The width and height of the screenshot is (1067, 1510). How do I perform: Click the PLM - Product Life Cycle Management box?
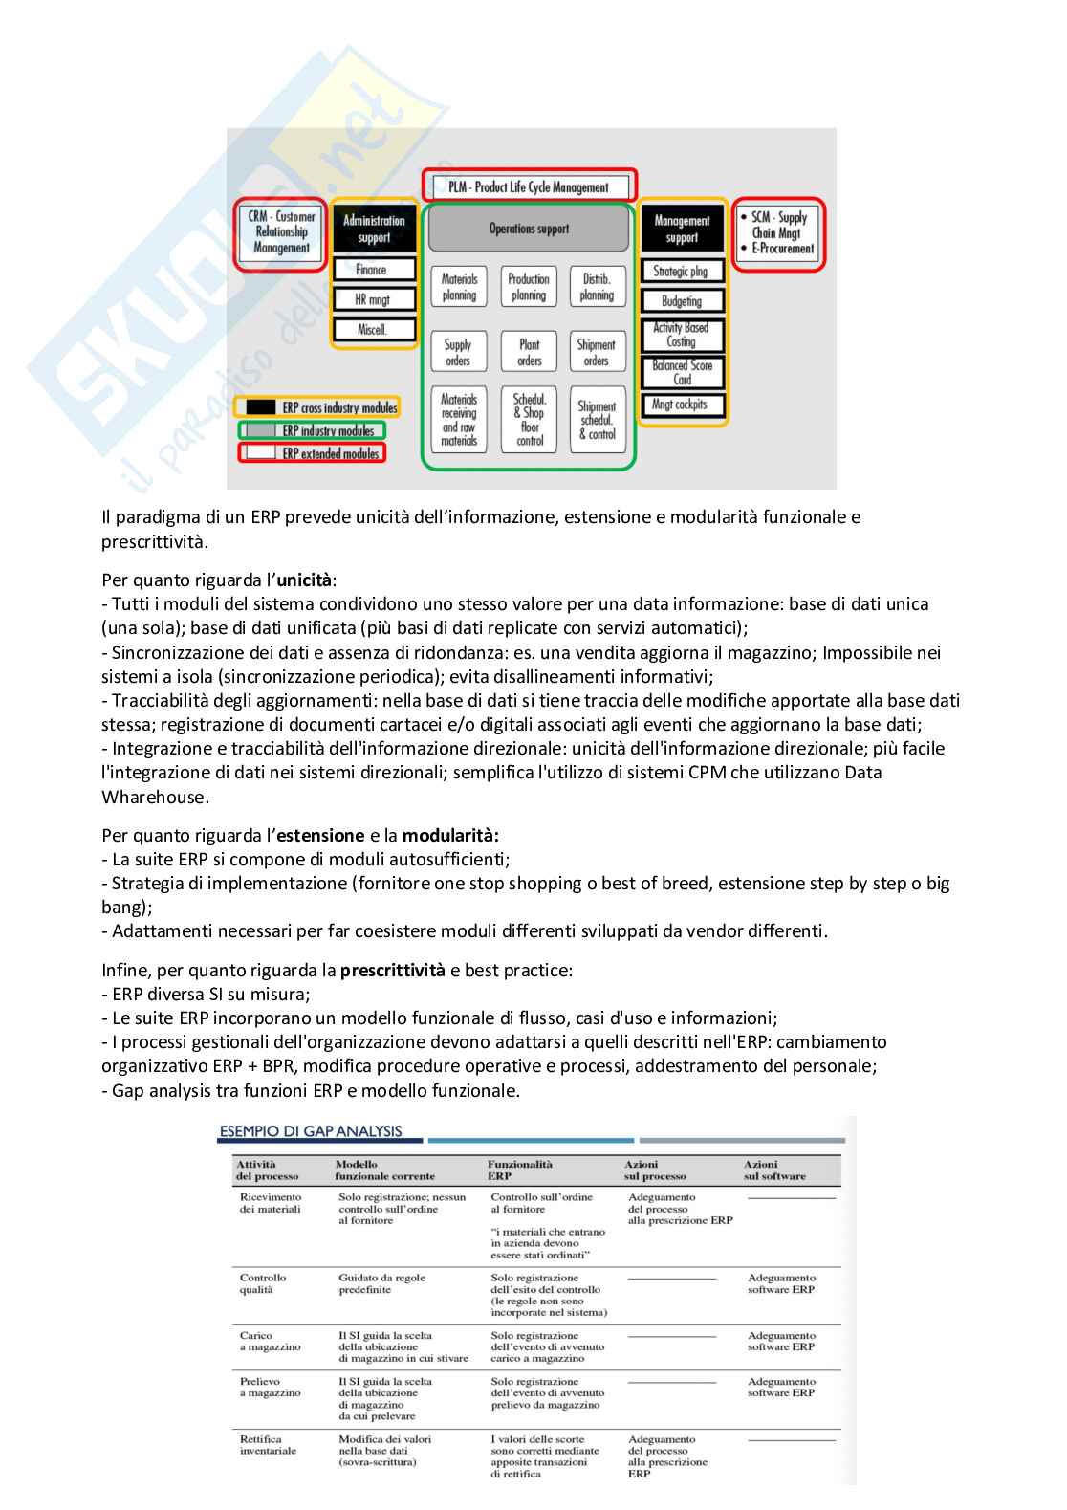pyautogui.click(x=529, y=186)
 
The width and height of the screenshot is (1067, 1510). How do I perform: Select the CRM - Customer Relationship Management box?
pyautogui.click(x=281, y=232)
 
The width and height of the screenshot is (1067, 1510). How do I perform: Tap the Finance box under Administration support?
pyautogui.click(x=374, y=270)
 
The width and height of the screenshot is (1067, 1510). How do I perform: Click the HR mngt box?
pyautogui.click(x=374, y=299)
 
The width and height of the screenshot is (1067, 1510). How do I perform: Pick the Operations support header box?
pyautogui.click(x=529, y=229)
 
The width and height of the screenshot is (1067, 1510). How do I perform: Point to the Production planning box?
pyautogui.click(x=529, y=287)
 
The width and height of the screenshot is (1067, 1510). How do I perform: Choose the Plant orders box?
pyautogui.click(x=529, y=352)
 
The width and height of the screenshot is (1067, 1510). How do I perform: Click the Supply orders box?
pyautogui.click(x=458, y=352)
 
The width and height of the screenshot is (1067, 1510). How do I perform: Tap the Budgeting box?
pyautogui.click(x=682, y=301)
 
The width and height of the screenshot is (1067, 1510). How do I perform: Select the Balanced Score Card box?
pyautogui.click(x=682, y=372)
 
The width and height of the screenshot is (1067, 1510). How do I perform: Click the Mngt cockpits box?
pyautogui.click(x=682, y=405)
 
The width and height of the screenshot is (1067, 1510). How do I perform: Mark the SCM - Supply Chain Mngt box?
pyautogui.click(x=778, y=233)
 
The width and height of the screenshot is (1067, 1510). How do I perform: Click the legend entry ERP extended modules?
pyautogui.click(x=313, y=453)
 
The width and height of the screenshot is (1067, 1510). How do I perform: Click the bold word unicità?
pyautogui.click(x=304, y=580)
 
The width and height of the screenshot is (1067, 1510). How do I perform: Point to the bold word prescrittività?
pyautogui.click(x=392, y=970)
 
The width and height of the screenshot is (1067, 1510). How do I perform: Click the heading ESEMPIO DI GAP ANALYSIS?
pyautogui.click(x=311, y=1131)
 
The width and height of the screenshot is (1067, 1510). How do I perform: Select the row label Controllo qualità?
pyautogui.click(x=263, y=1283)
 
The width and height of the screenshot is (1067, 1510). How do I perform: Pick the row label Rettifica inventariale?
pyautogui.click(x=268, y=1445)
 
